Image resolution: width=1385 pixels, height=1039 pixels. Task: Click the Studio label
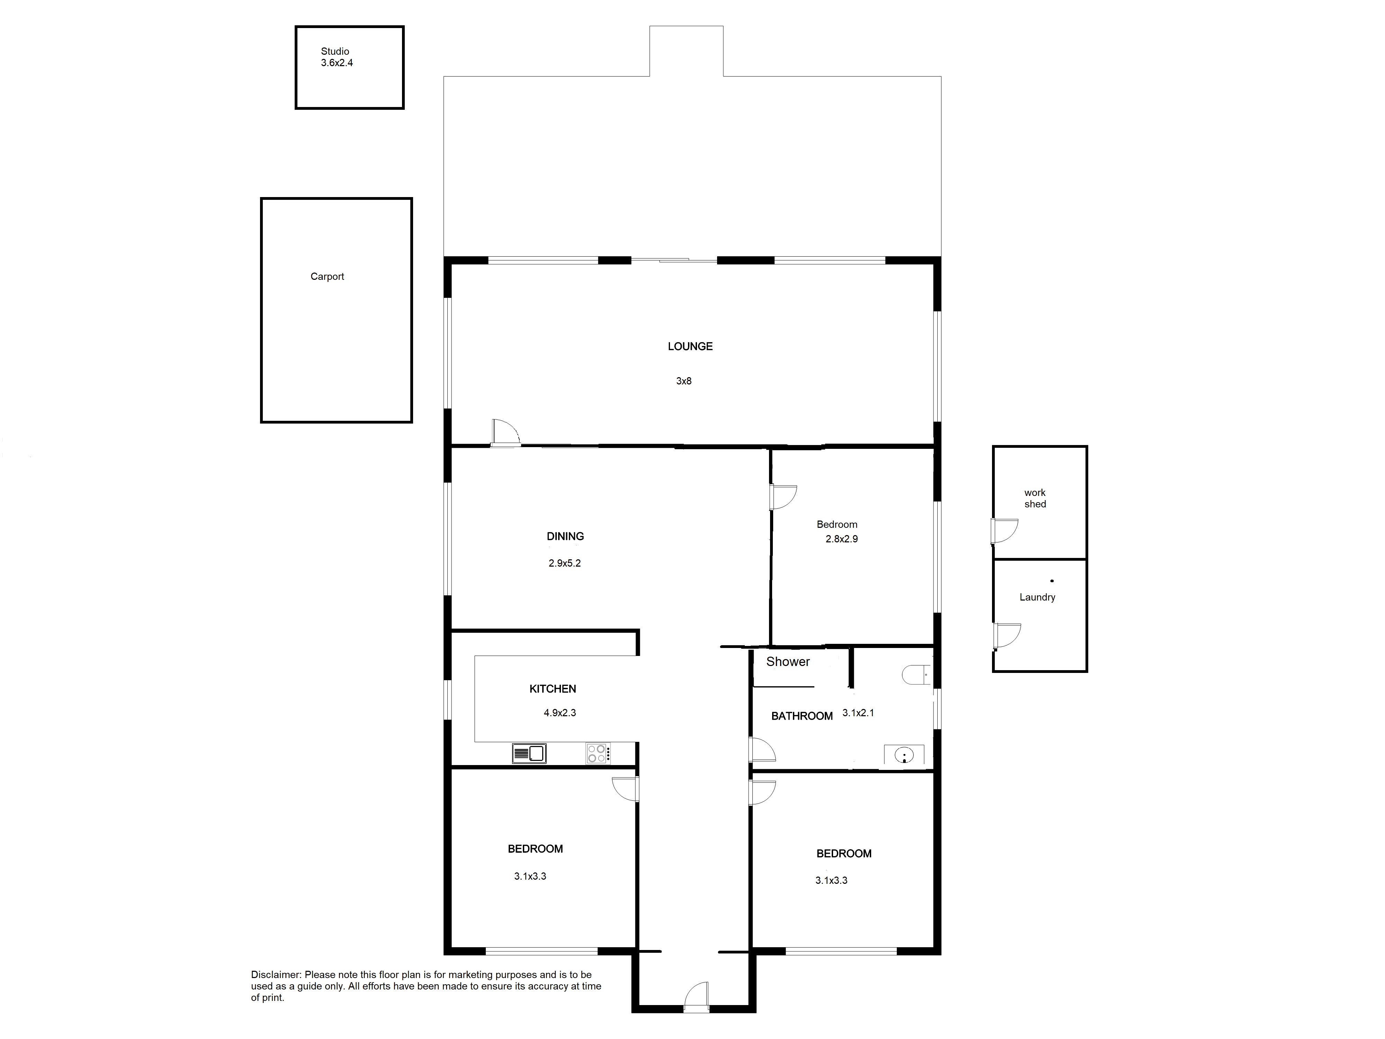click(x=335, y=51)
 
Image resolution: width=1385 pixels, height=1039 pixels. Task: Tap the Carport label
click(x=328, y=276)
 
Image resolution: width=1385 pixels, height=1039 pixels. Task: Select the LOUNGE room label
click(x=690, y=346)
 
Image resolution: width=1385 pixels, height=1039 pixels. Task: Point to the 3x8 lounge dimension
click(x=684, y=381)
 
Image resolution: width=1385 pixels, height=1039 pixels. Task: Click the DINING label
click(x=565, y=536)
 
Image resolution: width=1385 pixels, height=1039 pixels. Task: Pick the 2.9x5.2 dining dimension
click(x=565, y=563)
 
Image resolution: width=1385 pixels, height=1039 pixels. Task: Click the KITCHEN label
click(x=553, y=689)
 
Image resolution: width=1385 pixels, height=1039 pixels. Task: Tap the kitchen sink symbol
click(x=529, y=753)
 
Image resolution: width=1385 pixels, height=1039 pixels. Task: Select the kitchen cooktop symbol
click(x=598, y=753)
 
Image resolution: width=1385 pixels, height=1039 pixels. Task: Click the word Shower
click(x=788, y=661)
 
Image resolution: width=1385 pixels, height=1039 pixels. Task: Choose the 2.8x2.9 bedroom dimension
click(x=841, y=539)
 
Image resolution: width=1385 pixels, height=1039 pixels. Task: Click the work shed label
click(x=1035, y=498)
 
